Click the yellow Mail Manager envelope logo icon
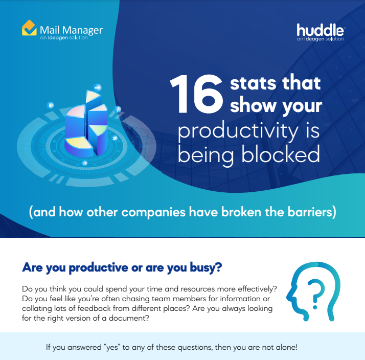coord(29,28)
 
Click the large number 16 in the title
coord(197,94)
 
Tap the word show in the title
coord(250,105)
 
